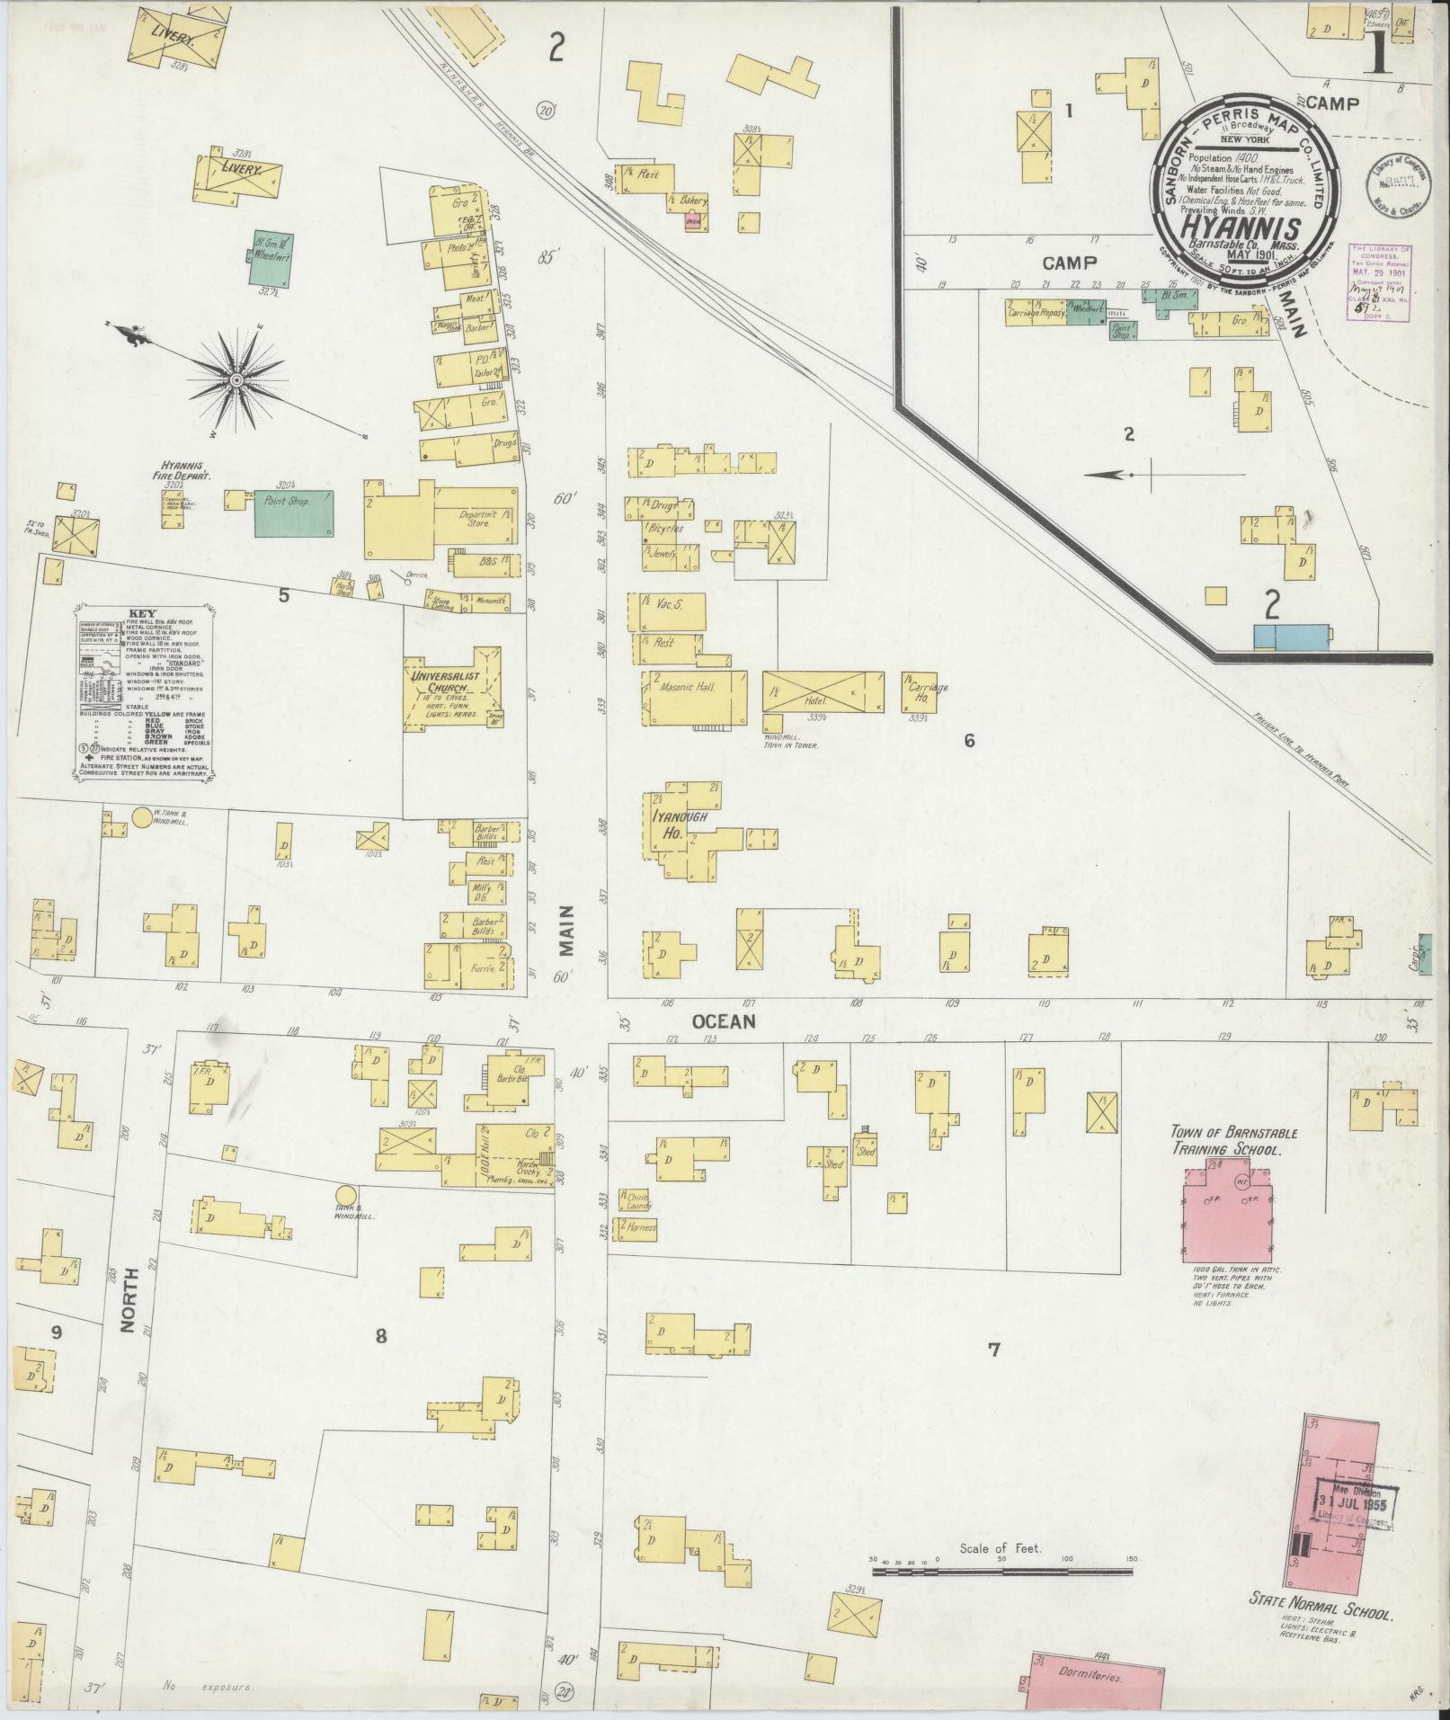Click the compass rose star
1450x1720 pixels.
coord(237,380)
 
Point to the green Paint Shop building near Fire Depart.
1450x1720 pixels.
coord(294,513)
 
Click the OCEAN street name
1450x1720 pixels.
coord(724,1021)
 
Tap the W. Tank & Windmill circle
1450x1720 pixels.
coord(142,817)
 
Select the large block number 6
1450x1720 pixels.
coord(968,741)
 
